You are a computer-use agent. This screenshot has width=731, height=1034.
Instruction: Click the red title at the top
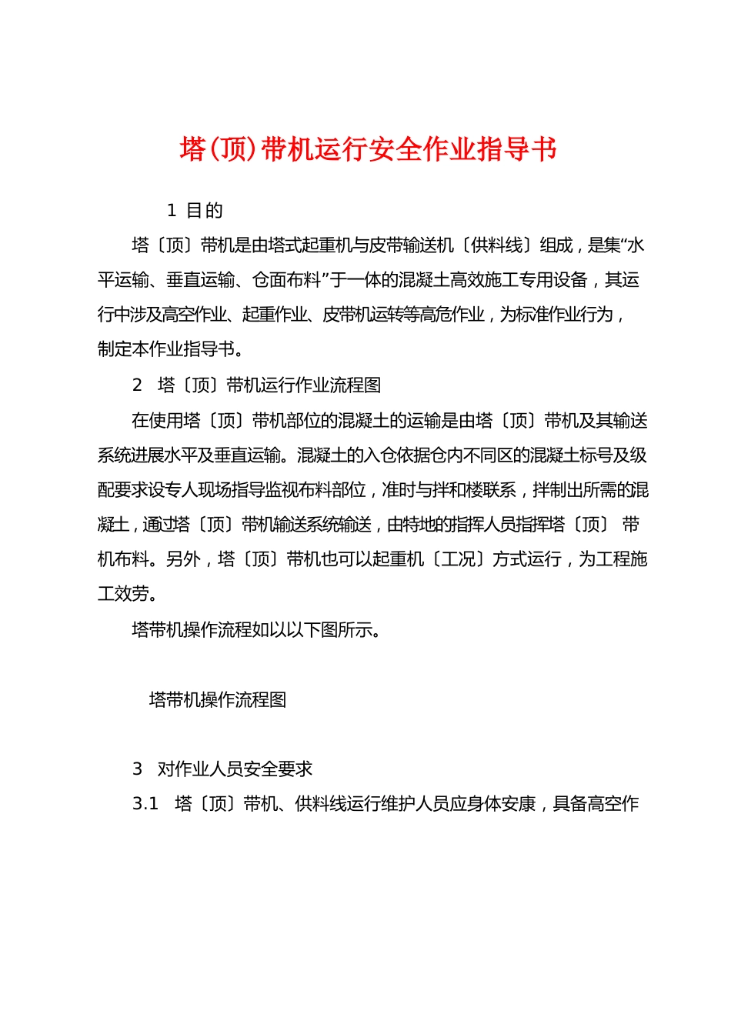[x=368, y=149]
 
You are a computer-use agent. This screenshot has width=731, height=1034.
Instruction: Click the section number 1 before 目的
[x=172, y=210]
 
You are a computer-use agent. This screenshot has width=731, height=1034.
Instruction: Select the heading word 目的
[x=205, y=210]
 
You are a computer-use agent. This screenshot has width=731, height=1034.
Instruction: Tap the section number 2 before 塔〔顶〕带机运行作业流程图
[x=138, y=385]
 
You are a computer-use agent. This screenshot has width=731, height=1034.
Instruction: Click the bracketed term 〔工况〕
[x=459, y=559]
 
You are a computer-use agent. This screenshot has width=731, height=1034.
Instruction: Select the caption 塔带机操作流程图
[x=218, y=699]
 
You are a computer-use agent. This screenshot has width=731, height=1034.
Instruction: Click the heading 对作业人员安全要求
[x=235, y=769]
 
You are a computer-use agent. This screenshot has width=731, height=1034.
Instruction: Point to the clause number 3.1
[x=145, y=804]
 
